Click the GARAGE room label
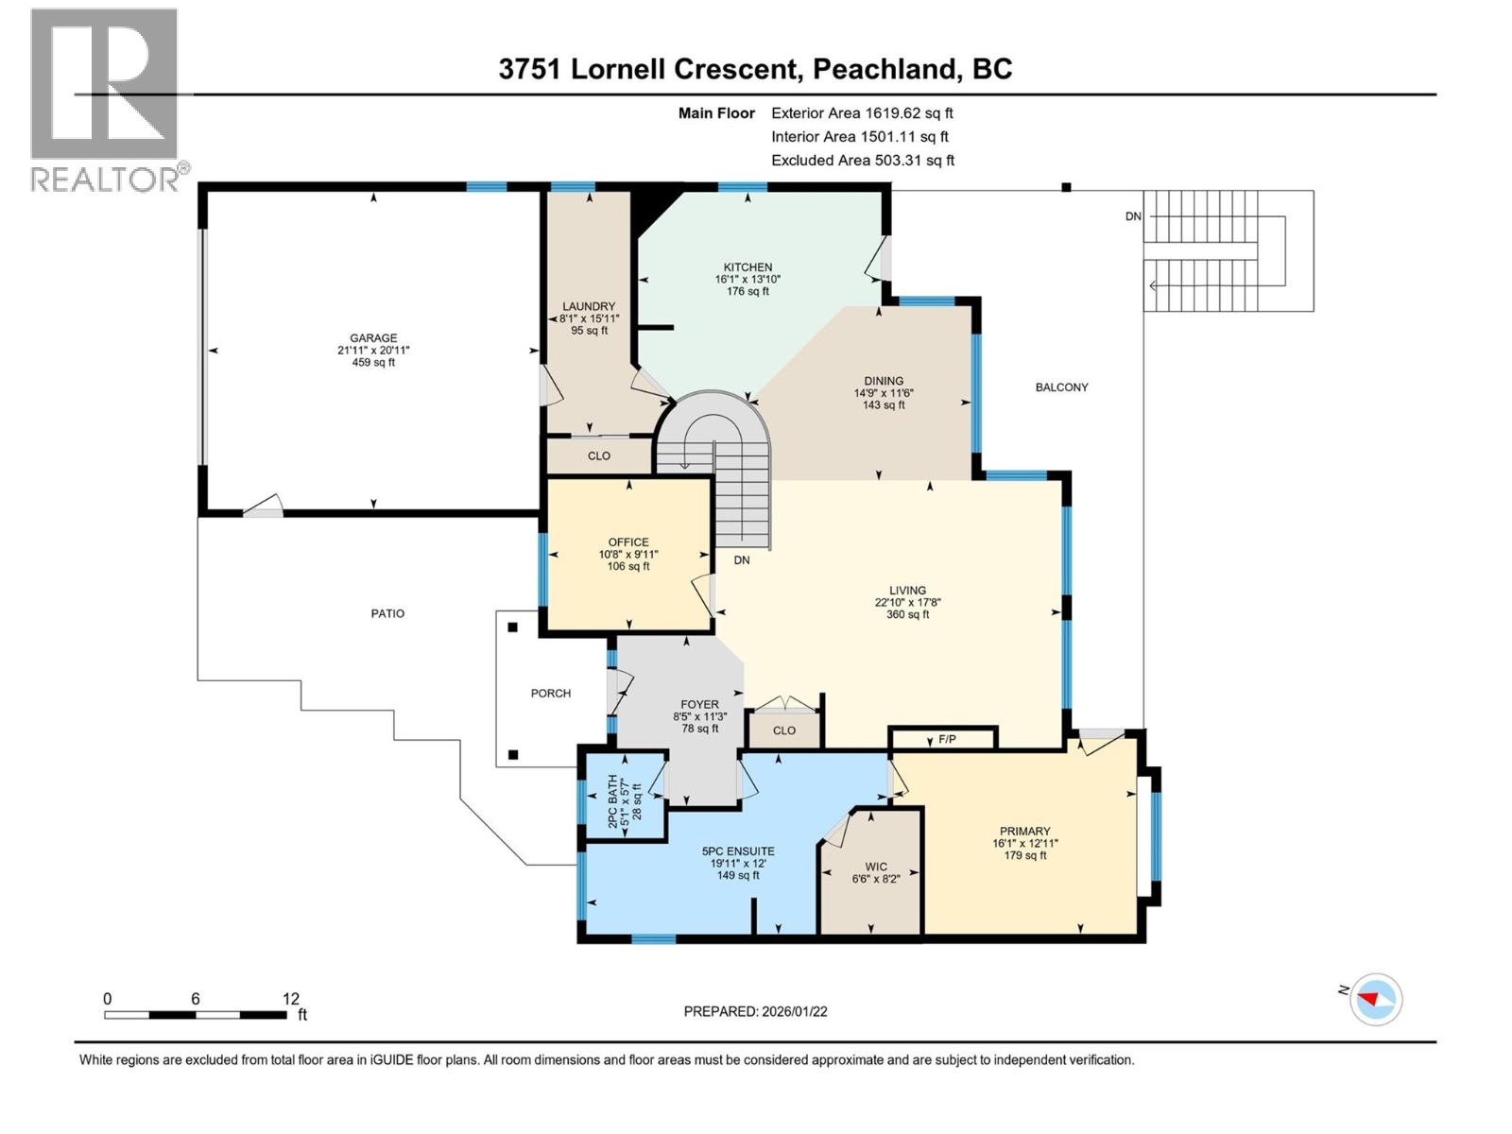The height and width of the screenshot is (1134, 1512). point(373,337)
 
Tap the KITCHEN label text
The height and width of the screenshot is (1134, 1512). point(747,267)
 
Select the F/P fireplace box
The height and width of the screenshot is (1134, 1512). point(946,739)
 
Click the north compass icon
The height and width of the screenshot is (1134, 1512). point(1375,999)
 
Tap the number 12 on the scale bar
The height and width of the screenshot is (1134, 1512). point(290,999)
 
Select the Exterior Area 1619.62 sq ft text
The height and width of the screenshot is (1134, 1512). point(862,113)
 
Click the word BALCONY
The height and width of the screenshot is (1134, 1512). point(1061,387)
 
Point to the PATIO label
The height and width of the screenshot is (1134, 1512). point(387,614)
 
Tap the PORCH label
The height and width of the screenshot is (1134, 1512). point(551,694)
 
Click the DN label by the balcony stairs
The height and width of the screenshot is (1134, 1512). point(1133,216)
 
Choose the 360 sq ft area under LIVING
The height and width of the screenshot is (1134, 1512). point(907,614)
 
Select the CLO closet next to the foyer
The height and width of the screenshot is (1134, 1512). point(783,730)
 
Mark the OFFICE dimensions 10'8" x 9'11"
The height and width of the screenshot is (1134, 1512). point(628,555)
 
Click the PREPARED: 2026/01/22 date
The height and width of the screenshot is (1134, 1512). point(755,1011)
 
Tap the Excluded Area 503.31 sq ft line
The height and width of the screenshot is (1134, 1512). point(862,161)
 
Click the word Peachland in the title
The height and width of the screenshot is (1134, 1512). point(884,69)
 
